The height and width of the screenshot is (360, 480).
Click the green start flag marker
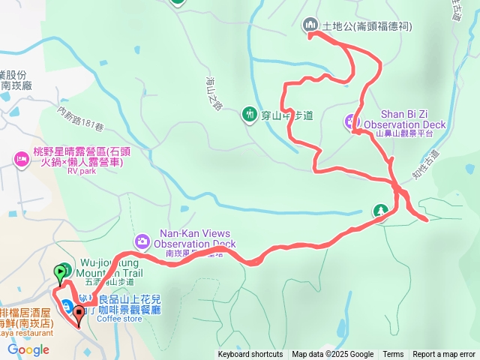tap(59, 271)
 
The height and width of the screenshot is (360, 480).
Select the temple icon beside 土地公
tap(310, 25)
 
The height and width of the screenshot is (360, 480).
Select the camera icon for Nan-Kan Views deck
tap(142, 241)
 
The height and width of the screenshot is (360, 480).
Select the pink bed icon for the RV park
tap(21, 158)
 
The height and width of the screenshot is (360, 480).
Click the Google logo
tap(28, 349)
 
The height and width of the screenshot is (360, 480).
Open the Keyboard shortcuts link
tap(250, 355)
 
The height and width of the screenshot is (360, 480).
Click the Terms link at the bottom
tap(393, 355)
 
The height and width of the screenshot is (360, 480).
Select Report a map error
tap(444, 355)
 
